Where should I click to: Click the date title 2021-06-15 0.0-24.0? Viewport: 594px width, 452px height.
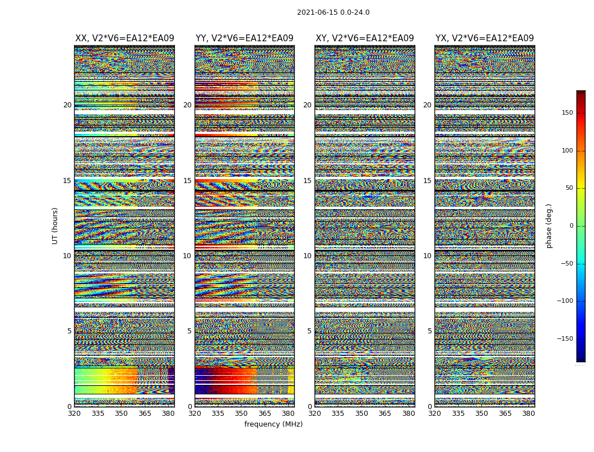[333, 12]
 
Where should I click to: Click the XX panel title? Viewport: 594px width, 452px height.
[124, 38]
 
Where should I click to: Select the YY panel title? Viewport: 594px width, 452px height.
[244, 38]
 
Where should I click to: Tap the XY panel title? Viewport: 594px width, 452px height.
[364, 38]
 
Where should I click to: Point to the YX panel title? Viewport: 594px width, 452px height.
[484, 38]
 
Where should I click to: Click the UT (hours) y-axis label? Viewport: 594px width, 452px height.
[55, 225]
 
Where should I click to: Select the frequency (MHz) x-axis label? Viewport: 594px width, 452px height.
[273, 424]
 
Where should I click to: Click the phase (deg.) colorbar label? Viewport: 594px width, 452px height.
[549, 225]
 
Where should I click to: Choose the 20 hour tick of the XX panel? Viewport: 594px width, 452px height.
[67, 105]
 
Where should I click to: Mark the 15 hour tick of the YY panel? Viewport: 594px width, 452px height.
[187, 181]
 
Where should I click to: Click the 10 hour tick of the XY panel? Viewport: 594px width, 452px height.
[307, 256]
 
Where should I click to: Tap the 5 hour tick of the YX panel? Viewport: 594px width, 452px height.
[429, 331]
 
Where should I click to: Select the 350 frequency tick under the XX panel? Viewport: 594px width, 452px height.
[121, 413]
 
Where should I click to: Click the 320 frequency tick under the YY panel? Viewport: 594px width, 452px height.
[195, 413]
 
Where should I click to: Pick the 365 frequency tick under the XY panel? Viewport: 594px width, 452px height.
[385, 413]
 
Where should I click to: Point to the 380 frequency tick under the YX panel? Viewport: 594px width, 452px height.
[528, 413]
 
